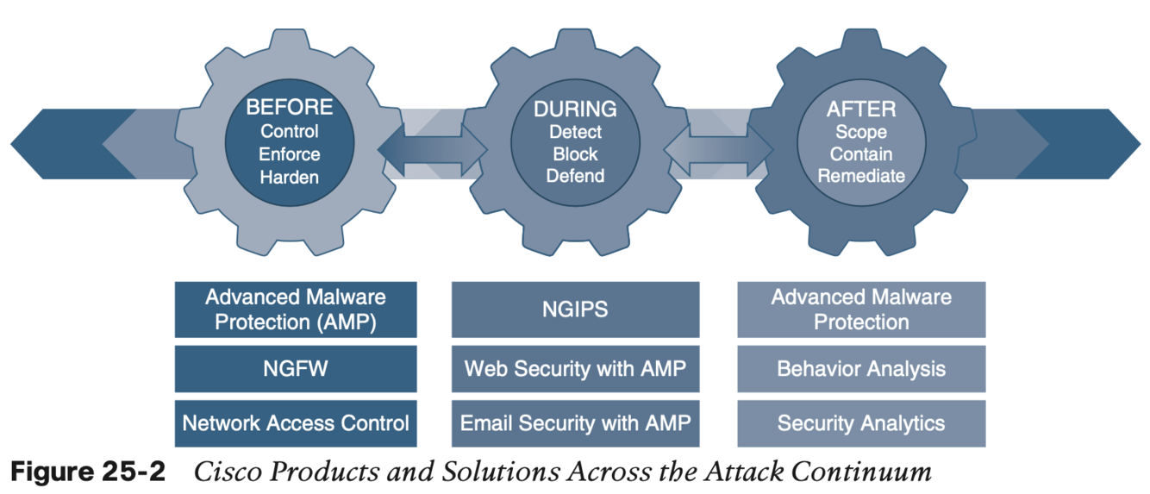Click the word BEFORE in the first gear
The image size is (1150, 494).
tap(289, 108)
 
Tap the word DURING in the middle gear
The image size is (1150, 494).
tap(575, 109)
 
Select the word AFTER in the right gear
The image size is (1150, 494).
tap(861, 109)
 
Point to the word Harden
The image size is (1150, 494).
tap(289, 178)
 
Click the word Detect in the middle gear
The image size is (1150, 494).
tap(575, 133)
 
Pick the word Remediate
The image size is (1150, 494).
tap(861, 177)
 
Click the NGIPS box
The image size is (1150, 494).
tap(575, 310)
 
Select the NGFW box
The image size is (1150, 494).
tap(295, 369)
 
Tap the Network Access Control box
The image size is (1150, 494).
tap(295, 423)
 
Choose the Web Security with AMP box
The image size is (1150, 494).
tap(575, 369)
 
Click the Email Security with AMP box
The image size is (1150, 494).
tap(575, 423)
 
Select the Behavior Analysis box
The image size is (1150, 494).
tap(861, 369)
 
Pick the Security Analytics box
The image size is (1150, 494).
tap(861, 423)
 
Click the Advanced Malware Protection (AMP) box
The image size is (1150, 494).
tap(295, 310)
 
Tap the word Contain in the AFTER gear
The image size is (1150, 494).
tap(861, 154)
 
